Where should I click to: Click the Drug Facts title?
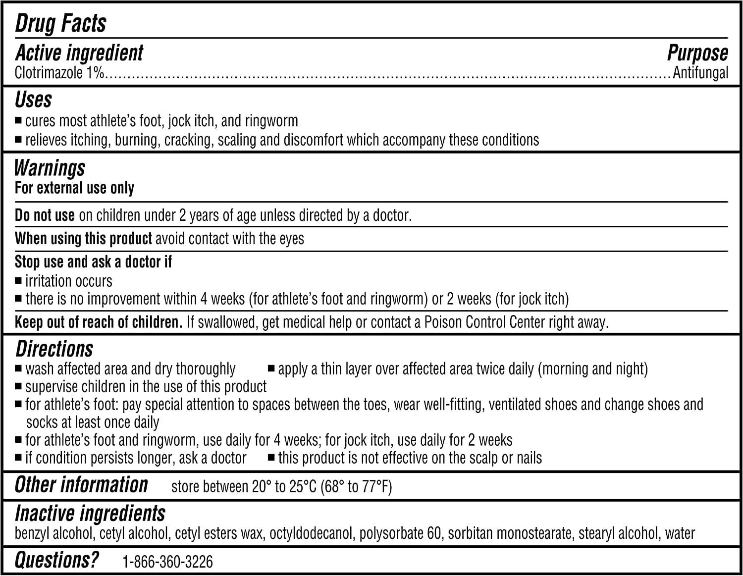click(60, 23)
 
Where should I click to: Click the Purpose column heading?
click(697, 53)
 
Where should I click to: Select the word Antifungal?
click(700, 73)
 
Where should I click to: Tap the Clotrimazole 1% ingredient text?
click(59, 73)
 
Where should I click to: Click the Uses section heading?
click(33, 100)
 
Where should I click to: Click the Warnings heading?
click(50, 168)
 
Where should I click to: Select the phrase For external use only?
click(74, 188)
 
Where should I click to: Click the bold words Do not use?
click(45, 215)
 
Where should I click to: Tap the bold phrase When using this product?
click(83, 239)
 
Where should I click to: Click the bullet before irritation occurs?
click(18, 281)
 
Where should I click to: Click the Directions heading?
click(54, 349)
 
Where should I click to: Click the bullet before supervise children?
click(18, 386)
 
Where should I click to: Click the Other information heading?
click(81, 485)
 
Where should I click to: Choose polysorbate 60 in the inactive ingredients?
click(400, 533)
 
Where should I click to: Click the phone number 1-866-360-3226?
click(167, 562)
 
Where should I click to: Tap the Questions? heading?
click(56, 560)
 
